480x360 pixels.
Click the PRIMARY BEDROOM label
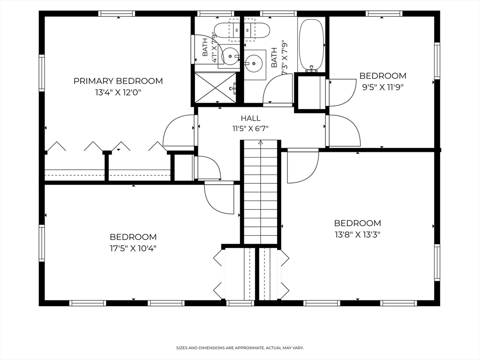click(x=118, y=81)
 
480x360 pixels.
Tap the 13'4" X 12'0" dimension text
click(x=118, y=92)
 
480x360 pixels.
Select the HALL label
click(x=251, y=118)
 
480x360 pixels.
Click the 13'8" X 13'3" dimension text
click(x=358, y=234)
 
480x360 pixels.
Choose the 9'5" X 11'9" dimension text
click(x=382, y=87)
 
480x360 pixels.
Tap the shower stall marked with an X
click(x=216, y=88)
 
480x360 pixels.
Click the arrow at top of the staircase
click(x=261, y=142)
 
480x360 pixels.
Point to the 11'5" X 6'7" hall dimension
click(x=250, y=128)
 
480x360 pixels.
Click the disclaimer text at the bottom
click(x=240, y=348)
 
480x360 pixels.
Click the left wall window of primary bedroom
click(x=42, y=73)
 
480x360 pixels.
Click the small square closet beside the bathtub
click(x=309, y=92)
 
